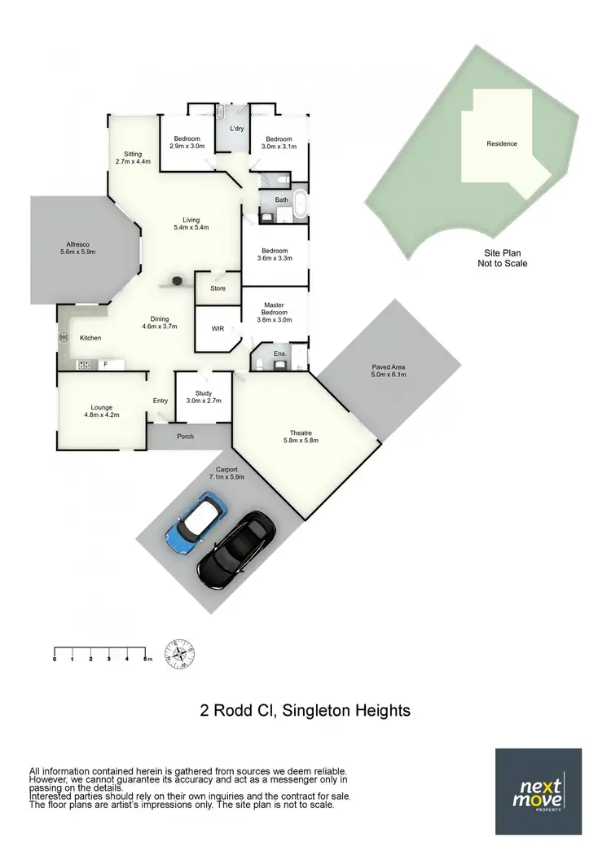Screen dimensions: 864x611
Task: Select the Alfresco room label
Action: coord(78,248)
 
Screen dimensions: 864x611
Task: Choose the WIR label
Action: coord(218,330)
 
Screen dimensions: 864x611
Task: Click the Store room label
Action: coord(218,288)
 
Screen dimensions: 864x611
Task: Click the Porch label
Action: coord(186,436)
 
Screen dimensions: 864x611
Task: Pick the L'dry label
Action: coord(237,129)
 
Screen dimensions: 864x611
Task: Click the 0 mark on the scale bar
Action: coord(55,658)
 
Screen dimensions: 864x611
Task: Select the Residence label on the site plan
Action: coord(502,144)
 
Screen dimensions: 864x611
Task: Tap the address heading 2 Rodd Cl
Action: coord(305,711)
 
